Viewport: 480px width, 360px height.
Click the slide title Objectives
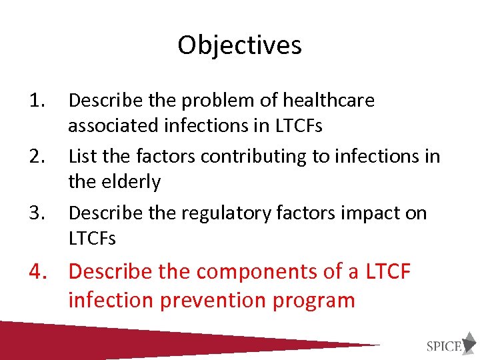point(239,45)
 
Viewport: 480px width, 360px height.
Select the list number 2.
point(37,157)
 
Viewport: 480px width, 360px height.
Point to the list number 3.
point(37,213)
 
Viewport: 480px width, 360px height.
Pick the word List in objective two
point(83,157)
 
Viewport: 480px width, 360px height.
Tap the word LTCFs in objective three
point(91,237)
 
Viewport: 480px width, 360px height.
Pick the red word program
point(313,301)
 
